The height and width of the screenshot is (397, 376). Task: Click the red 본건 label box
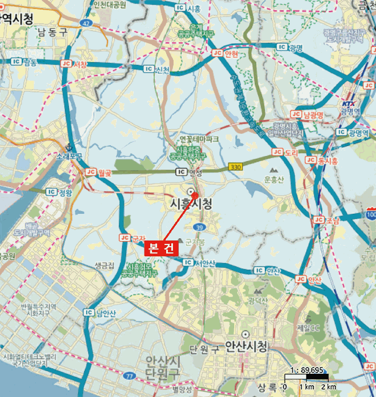click(162, 248)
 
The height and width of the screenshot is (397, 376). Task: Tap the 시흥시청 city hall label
click(192, 203)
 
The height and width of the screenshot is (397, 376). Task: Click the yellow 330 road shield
click(235, 167)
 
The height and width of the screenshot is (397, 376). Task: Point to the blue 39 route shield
click(199, 227)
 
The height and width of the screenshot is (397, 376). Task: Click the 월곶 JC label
click(98, 171)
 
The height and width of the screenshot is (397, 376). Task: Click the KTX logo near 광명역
click(348, 103)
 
